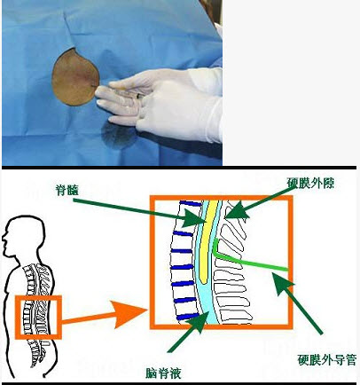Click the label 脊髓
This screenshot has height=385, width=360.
click(67, 191)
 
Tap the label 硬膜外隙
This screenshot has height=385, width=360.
click(310, 183)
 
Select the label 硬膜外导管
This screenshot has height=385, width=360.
click(327, 360)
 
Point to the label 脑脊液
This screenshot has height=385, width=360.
click(163, 373)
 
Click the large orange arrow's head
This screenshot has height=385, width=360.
click(129, 314)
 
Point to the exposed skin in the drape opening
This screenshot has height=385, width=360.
click(75, 77)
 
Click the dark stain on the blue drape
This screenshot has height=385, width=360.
click(119, 136)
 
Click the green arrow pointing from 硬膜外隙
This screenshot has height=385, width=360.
click(256, 204)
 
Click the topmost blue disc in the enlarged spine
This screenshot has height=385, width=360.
click(191, 203)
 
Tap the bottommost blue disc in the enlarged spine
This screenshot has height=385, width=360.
click(188, 317)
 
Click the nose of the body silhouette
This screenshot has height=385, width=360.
click(4, 237)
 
